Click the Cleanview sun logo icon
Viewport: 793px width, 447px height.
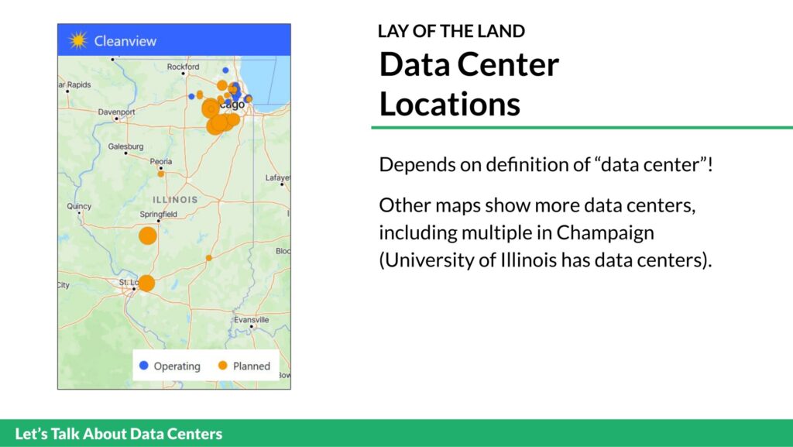[78, 40]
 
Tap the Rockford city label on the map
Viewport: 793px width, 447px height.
[183, 67]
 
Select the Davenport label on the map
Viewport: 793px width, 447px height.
[116, 112]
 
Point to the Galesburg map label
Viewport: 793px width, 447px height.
[125, 146]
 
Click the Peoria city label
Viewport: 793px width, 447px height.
[161, 161]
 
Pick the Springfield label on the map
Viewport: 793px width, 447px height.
[158, 215]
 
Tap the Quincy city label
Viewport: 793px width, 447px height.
[79, 206]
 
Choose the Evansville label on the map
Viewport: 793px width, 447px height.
[252, 320]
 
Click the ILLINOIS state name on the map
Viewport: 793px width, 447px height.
[175, 200]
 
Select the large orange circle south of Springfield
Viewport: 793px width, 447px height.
[148, 236]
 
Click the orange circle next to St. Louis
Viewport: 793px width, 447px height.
[146, 284]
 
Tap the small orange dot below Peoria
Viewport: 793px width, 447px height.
[161, 174]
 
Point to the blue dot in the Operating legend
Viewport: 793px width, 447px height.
[143, 365]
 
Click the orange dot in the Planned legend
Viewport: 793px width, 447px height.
[222, 365]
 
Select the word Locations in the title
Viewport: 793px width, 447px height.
[450, 104]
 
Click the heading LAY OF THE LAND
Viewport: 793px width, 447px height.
[451, 31]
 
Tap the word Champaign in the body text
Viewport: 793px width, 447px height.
[606, 233]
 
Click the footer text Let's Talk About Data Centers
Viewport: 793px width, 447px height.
[118, 434]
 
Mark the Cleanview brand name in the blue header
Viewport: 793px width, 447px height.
[125, 41]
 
